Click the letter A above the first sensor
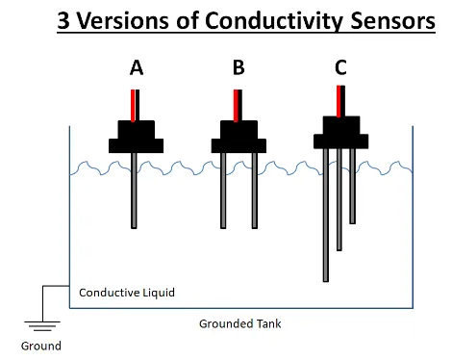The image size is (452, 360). click(x=137, y=68)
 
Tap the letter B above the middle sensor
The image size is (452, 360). click(x=239, y=68)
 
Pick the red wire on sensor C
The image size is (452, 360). click(x=338, y=100)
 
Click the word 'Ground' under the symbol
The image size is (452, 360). click(x=40, y=346)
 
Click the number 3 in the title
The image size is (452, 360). click(x=64, y=21)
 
